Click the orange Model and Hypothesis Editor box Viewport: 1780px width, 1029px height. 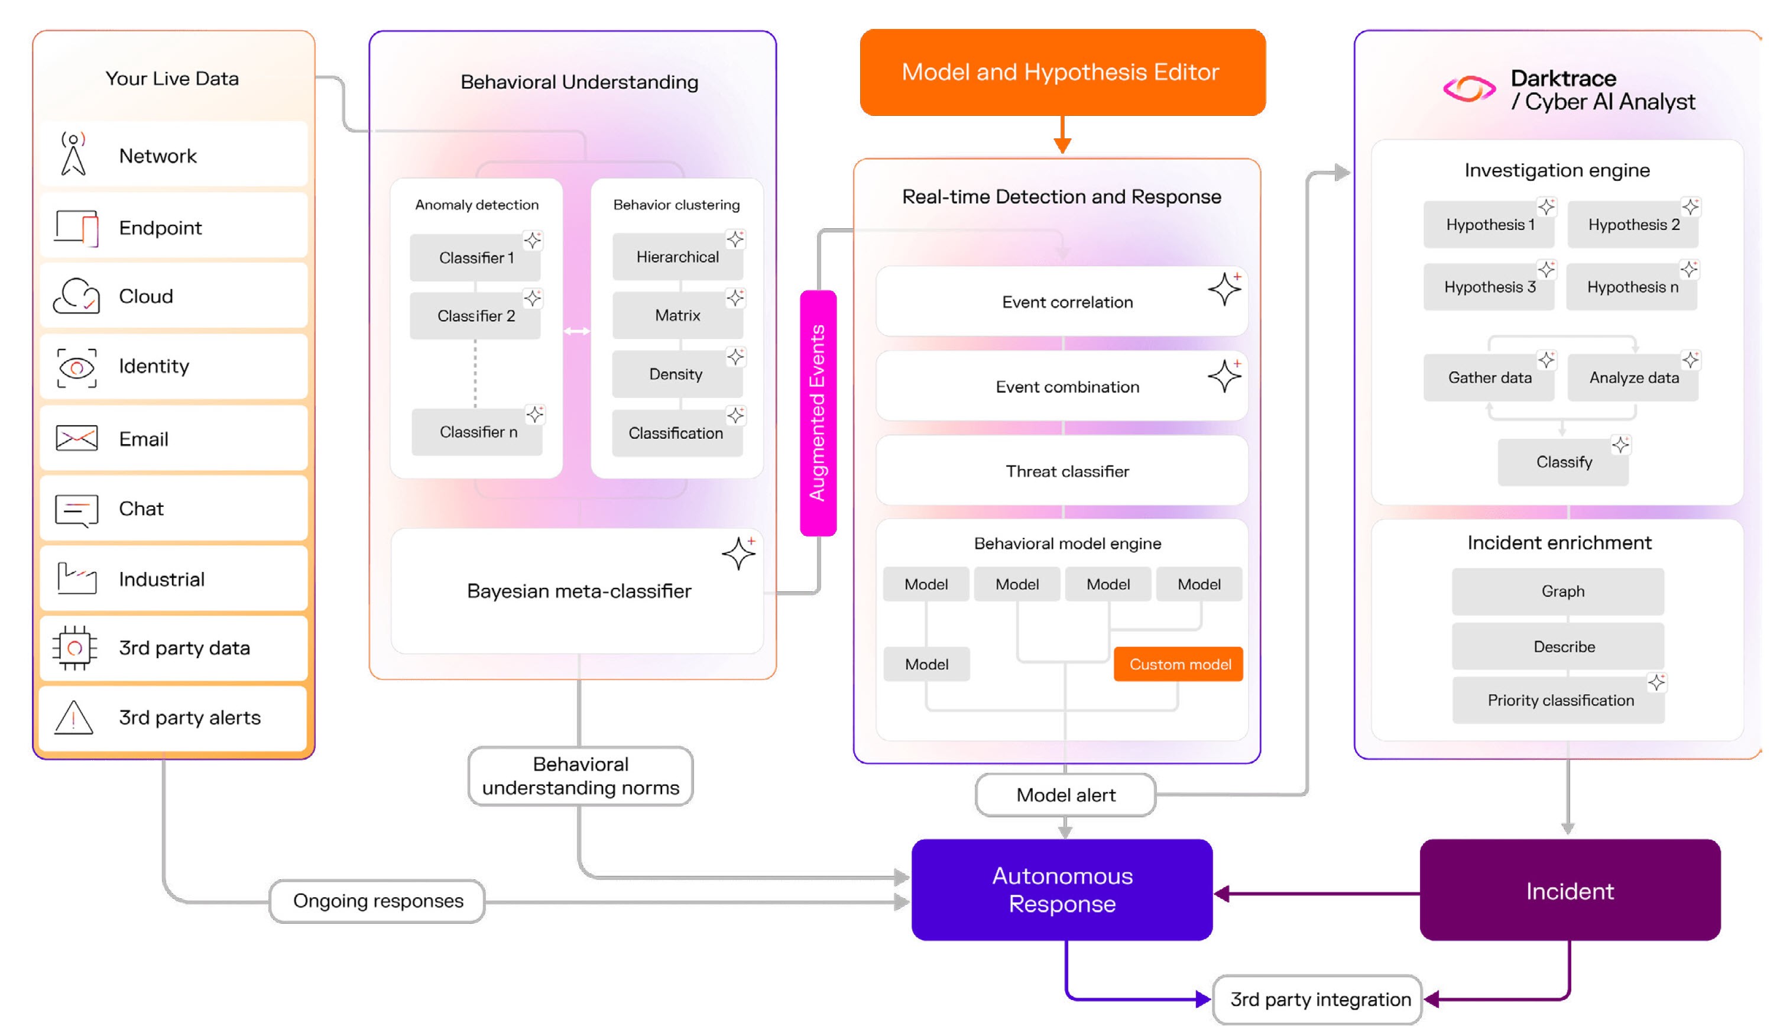pos(1062,72)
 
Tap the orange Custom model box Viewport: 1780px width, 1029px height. pos(1178,664)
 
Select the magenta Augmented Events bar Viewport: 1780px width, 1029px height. pos(818,413)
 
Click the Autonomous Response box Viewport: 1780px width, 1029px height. pos(1062,890)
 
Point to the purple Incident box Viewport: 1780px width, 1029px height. pos(1570,891)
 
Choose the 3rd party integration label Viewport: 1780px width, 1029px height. pos(1318,999)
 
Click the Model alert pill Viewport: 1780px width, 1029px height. pos(1065,795)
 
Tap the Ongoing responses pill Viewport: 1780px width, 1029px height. pos(378,901)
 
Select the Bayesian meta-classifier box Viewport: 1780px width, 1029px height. pos(578,591)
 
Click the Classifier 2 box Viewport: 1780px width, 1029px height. pos(475,316)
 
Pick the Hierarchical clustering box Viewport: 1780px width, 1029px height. pos(677,257)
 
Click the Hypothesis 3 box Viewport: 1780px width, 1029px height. pos(1489,287)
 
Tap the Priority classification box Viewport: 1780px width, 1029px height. pos(1559,700)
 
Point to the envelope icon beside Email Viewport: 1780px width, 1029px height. pos(76,439)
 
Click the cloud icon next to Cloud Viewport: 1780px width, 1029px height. pos(76,296)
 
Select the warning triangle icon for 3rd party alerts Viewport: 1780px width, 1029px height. pos(74,718)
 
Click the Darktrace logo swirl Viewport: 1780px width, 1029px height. pos(1468,90)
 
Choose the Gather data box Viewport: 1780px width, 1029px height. pos(1489,378)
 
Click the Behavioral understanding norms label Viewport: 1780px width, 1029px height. pos(581,776)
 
